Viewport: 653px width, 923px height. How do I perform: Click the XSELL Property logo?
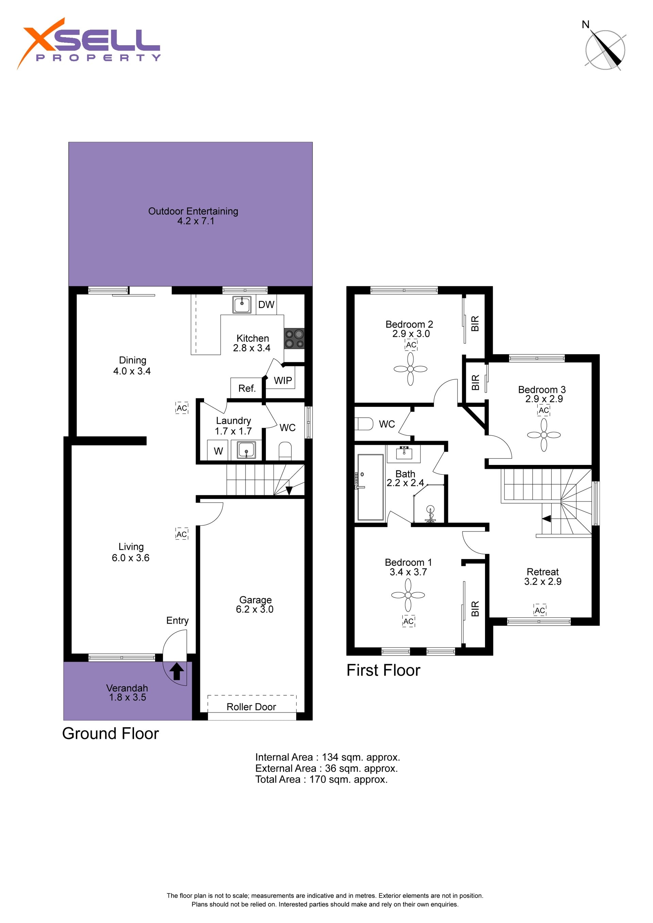pos(88,44)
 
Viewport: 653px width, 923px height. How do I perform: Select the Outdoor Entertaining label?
pos(193,211)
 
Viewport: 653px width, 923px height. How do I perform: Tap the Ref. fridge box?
pos(247,388)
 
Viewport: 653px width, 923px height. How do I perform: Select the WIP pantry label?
pos(283,380)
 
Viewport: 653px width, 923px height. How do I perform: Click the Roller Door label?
pos(251,707)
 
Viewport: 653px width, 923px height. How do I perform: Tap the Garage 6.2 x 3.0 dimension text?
pos(255,609)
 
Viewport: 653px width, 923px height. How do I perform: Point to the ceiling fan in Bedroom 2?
pos(411,369)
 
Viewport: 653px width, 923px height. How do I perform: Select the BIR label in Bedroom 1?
pos(475,609)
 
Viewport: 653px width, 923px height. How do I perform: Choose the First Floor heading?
pos(383,670)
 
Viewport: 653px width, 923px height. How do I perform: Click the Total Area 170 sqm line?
pos(321,779)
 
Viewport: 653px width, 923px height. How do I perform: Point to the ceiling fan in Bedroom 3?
pos(544,435)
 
